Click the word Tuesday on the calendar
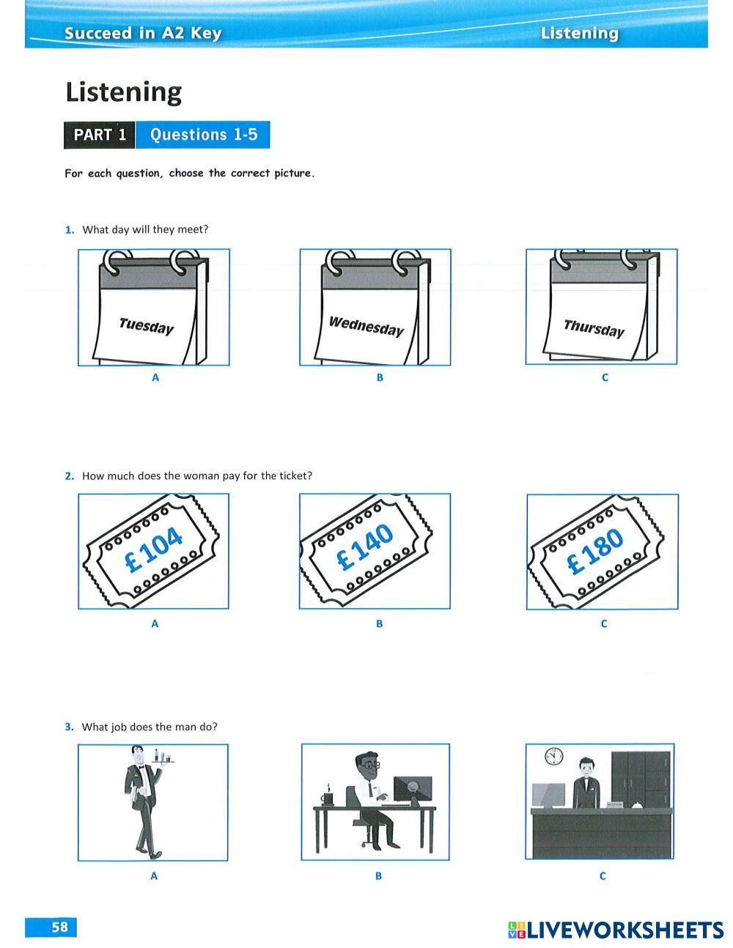point(146,326)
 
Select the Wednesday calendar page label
point(366,326)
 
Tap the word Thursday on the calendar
point(594,328)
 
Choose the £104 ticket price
point(153,549)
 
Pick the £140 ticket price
point(365,547)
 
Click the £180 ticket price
point(594,551)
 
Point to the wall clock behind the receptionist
point(553,756)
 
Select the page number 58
point(59,927)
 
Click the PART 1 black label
point(100,135)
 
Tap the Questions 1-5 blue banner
point(203,135)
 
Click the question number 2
point(70,476)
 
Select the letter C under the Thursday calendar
point(604,378)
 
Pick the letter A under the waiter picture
point(154,876)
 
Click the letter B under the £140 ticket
point(379,624)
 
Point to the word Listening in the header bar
point(579,33)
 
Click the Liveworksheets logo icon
point(517,930)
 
